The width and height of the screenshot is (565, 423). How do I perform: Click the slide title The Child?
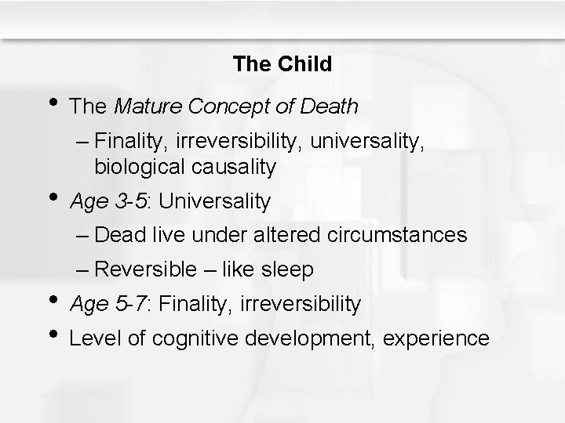coord(282,64)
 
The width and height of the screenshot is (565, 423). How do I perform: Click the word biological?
coord(137,166)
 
